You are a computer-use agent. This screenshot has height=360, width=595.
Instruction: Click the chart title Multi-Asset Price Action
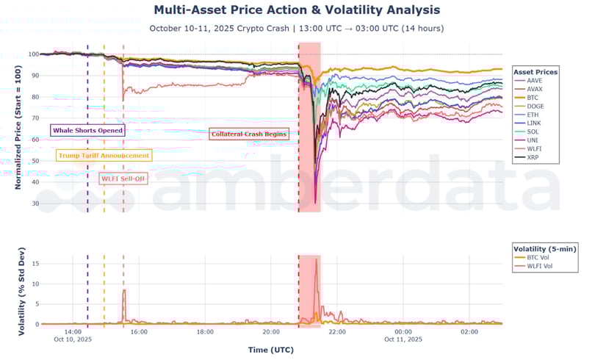pyautogui.click(x=297, y=10)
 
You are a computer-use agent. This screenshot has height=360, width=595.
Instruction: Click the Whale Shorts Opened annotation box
pyautogui.click(x=87, y=130)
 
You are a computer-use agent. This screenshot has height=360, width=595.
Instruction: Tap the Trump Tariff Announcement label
pyautogui.click(x=104, y=156)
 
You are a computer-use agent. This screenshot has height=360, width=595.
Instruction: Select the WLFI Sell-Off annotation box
pyautogui.click(x=123, y=179)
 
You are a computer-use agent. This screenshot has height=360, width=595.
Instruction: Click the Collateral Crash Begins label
pyautogui.click(x=248, y=134)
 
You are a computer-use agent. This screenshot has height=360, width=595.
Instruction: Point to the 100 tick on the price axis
pyautogui.click(x=33, y=54)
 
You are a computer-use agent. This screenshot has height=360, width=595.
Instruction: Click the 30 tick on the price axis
pyautogui.click(x=35, y=204)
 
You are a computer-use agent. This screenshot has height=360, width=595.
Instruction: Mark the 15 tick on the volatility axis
pyautogui.click(x=35, y=263)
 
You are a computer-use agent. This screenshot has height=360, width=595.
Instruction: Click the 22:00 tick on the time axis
pyautogui.click(x=337, y=332)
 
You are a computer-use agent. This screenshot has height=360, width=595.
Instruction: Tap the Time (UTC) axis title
pyautogui.click(x=272, y=350)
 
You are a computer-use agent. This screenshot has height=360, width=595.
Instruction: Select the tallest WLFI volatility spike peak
pyautogui.click(x=317, y=259)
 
